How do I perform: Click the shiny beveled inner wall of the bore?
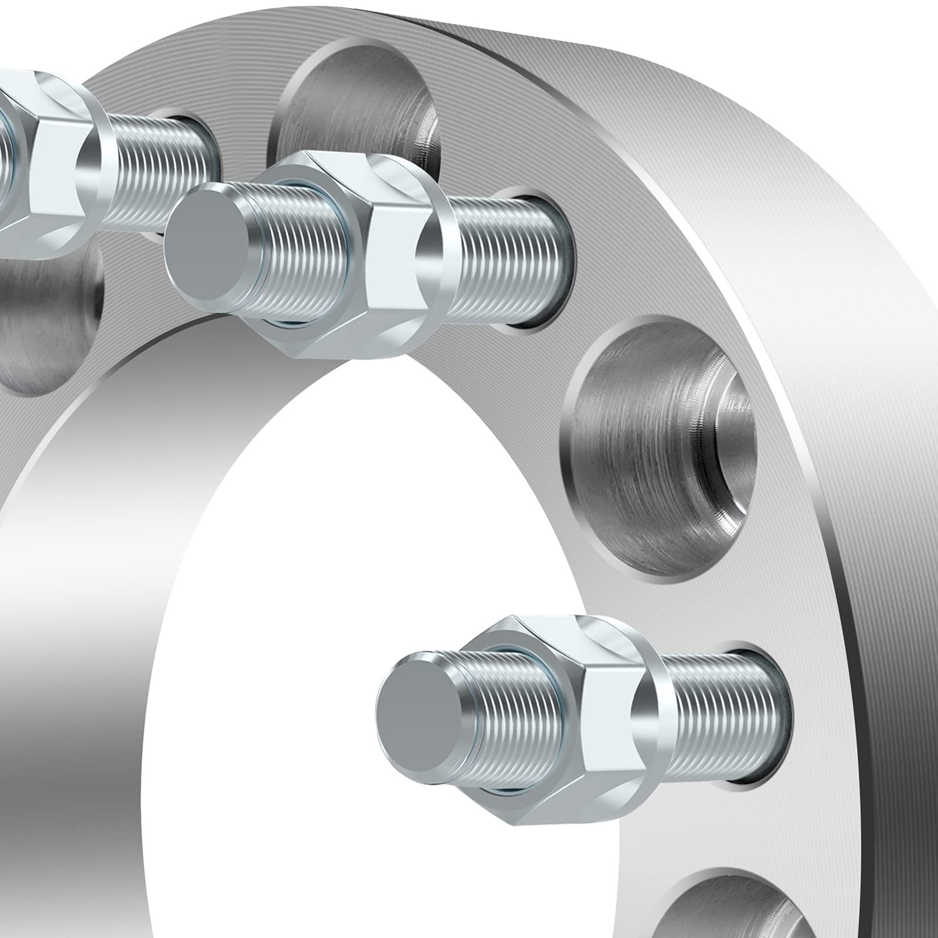(76, 586)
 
